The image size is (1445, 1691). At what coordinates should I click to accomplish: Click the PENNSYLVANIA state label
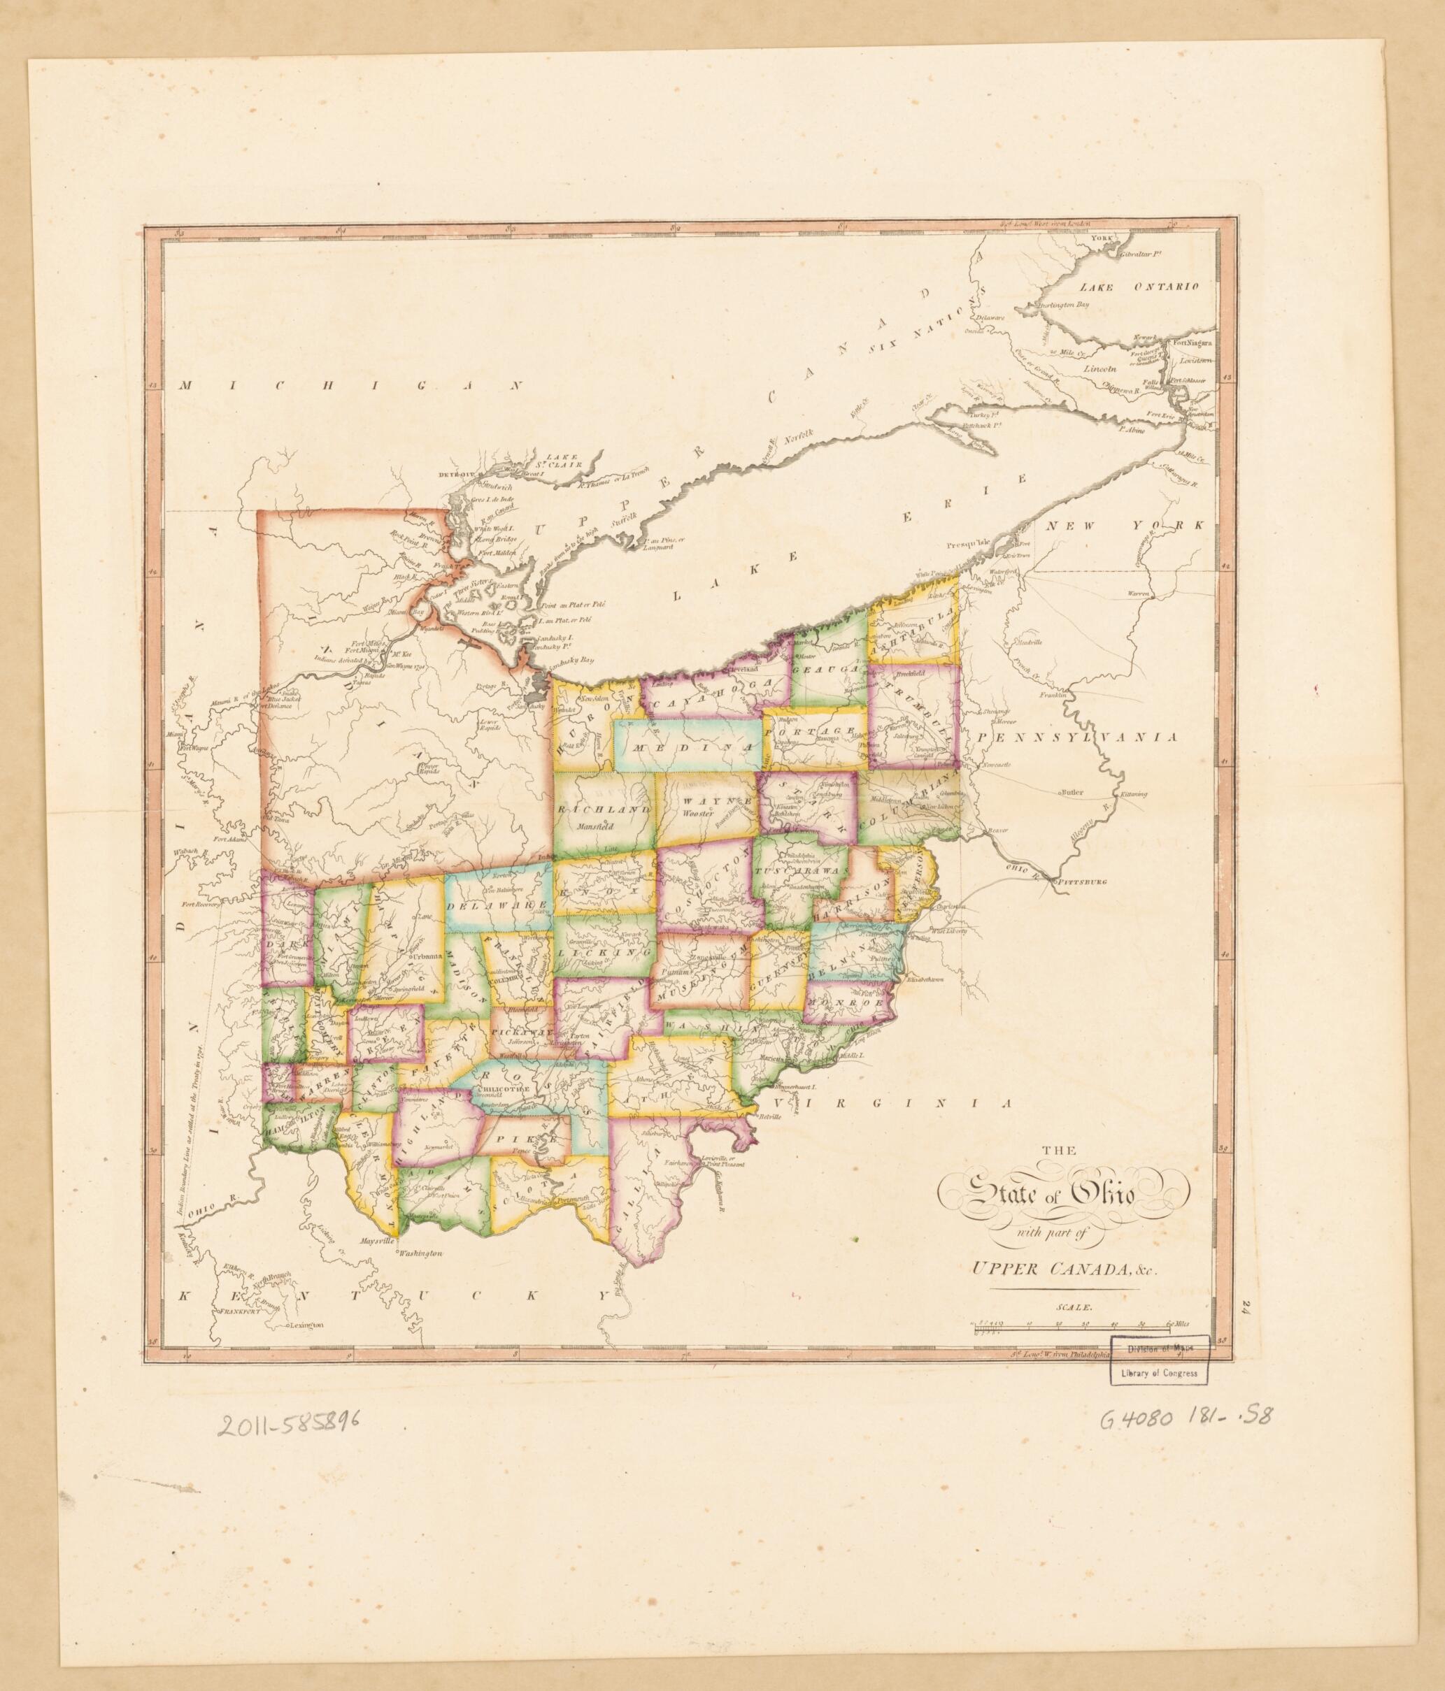click(1079, 736)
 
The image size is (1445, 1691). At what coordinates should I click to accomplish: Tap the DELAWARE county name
click(498, 907)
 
